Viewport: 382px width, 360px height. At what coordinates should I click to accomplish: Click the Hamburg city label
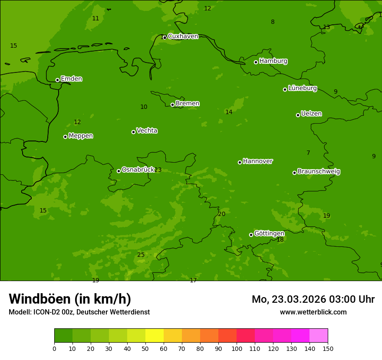coord(273,61)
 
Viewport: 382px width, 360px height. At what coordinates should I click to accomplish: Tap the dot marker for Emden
coord(57,80)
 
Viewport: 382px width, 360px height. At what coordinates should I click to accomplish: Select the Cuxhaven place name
coord(183,36)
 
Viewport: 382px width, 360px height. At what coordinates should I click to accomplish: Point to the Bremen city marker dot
coord(172,105)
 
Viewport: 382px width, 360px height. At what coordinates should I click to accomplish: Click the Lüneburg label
coord(302,88)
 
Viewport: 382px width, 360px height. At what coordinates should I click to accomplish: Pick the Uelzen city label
coord(311,114)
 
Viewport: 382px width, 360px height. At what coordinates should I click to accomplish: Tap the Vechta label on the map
coord(147,131)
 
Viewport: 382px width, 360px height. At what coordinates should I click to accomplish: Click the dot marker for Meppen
coord(65,137)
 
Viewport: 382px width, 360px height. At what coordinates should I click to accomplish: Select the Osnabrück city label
coord(138,170)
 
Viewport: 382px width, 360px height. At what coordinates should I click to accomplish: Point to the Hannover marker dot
coord(240,162)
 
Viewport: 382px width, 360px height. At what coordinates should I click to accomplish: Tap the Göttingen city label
coord(269,234)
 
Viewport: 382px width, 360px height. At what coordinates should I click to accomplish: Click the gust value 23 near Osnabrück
coord(158,170)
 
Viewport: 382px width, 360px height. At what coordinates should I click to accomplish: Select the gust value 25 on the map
coord(141,255)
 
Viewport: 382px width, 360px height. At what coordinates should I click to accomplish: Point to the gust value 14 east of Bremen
coord(229,112)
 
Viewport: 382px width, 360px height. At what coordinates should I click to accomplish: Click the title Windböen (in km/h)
coord(70,299)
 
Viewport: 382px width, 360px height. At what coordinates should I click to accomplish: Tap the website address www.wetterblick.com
coord(313,312)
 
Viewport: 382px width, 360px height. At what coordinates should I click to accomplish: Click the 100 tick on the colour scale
coord(237,348)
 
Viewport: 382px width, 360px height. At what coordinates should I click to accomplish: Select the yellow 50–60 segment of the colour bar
coord(155,336)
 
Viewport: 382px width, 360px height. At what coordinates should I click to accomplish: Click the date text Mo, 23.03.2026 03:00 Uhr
coord(313,299)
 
